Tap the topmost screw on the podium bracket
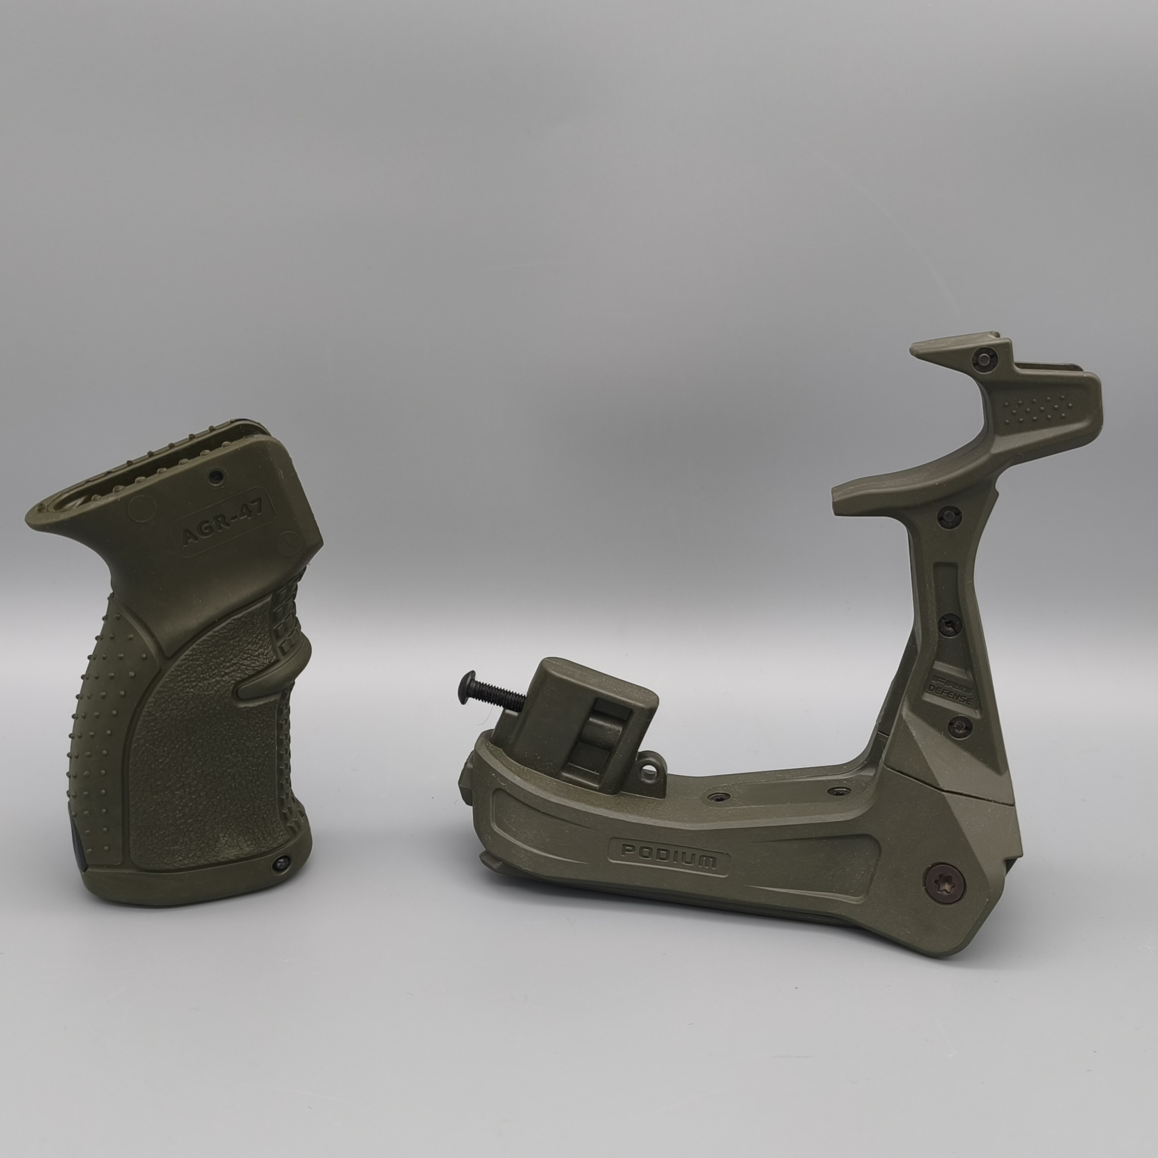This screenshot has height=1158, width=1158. click(983, 359)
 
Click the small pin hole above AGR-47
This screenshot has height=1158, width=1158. click(216, 477)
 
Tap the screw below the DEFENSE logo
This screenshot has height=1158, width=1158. click(960, 727)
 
